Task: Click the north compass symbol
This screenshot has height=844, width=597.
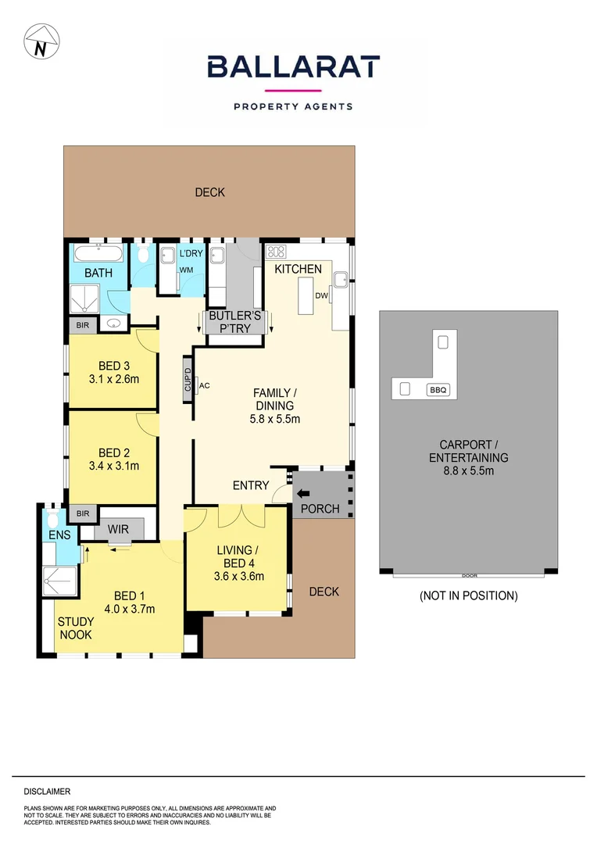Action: [x=40, y=41]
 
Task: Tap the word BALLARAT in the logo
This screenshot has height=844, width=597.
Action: [x=293, y=66]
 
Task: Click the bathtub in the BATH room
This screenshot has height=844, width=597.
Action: [x=98, y=253]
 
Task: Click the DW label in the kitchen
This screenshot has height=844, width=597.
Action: [x=322, y=295]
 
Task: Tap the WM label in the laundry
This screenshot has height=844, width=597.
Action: [x=186, y=270]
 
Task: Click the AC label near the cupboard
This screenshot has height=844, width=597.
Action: [x=205, y=385]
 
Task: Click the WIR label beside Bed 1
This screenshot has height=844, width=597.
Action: [x=118, y=530]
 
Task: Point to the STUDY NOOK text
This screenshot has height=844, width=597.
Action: [x=76, y=628]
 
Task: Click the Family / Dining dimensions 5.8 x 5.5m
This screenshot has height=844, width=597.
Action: [x=270, y=419]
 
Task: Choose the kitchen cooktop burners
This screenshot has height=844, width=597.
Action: [x=277, y=252]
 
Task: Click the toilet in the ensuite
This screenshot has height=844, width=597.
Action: [x=52, y=520]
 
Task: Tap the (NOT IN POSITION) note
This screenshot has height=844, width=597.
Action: [x=468, y=595]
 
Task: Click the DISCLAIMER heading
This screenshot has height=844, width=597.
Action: [x=47, y=792]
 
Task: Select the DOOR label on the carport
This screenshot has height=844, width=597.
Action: [x=469, y=576]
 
